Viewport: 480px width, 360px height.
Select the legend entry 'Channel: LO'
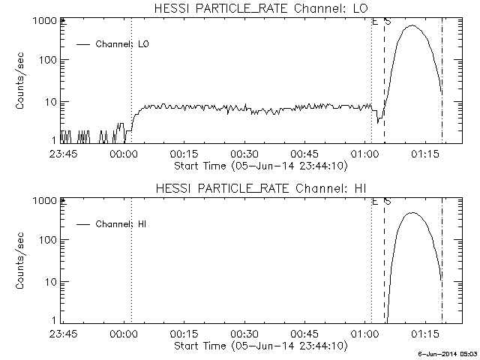coord(124,44)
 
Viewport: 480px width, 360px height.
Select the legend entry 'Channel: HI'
coord(124,224)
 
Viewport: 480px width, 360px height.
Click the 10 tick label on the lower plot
coord(51,281)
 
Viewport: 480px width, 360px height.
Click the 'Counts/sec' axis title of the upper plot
coord(20,82)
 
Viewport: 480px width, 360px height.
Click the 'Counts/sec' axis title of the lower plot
coord(20,262)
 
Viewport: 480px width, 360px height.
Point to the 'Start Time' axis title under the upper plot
coord(259,165)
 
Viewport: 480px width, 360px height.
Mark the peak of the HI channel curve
coord(411,213)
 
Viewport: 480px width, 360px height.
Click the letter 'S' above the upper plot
coord(388,21)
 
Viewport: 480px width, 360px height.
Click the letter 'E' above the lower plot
coord(375,201)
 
